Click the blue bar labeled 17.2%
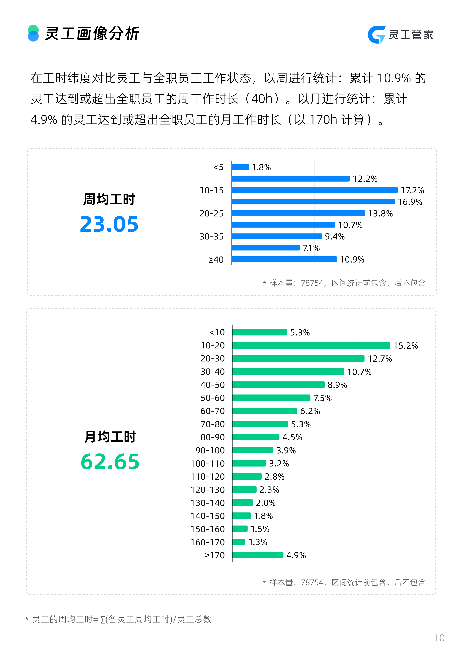pyautogui.click(x=314, y=190)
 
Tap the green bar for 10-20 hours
pyautogui.click(x=311, y=345)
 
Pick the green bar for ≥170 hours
pyautogui.click(x=258, y=555)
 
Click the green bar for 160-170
pyautogui.click(x=239, y=542)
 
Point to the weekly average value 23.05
pyautogui.click(x=109, y=224)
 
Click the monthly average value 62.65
pyautogui.click(x=110, y=462)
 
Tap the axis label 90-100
pyautogui.click(x=210, y=450)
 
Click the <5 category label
pyautogui.click(x=218, y=167)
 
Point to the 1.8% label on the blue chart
pyautogui.click(x=261, y=167)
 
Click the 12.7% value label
pyautogui.click(x=380, y=359)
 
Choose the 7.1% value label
pyautogui.click(x=311, y=248)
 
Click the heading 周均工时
pyautogui.click(x=109, y=199)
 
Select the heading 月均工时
pyautogui.click(x=110, y=437)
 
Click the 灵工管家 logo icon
pyautogui.click(x=376, y=35)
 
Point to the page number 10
pyautogui.click(x=439, y=638)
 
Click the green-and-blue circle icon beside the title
pyautogui.click(x=33, y=33)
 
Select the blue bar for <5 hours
pyautogui.click(x=240, y=167)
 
